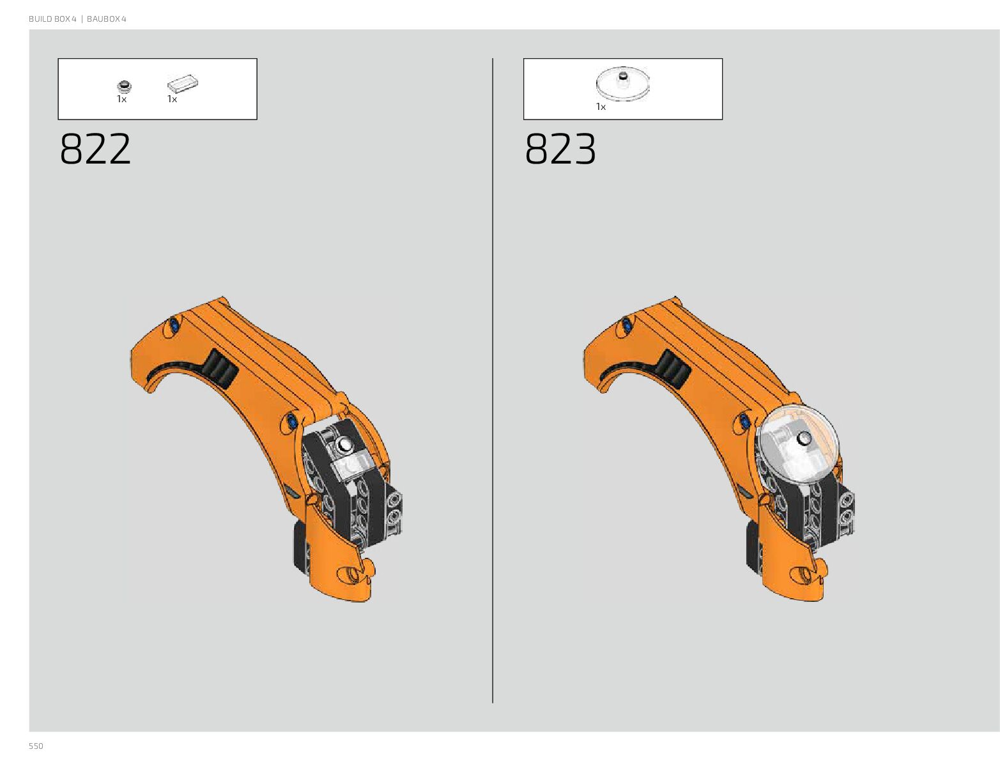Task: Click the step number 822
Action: [x=95, y=148]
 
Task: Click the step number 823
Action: [x=560, y=148]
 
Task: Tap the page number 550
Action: [x=36, y=746]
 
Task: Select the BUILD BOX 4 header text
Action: [x=52, y=19]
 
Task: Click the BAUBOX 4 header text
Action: [x=107, y=19]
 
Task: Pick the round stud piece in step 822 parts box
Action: [x=124, y=86]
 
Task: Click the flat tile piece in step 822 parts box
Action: [x=183, y=83]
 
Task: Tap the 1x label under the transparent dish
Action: [x=601, y=107]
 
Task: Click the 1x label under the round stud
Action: [x=121, y=99]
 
